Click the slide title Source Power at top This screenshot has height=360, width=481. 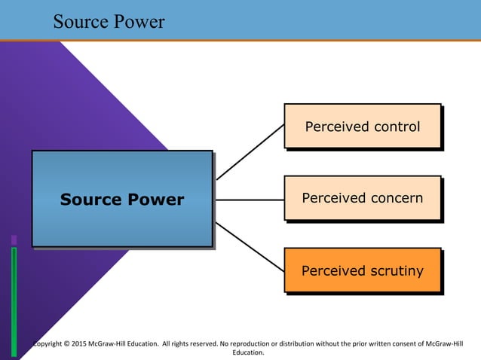(x=109, y=22)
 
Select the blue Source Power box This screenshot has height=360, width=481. (x=121, y=198)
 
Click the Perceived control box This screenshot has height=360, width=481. (x=362, y=126)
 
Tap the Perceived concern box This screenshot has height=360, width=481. (x=362, y=198)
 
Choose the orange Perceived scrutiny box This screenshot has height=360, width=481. (x=362, y=270)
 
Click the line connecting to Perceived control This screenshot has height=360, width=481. (x=250, y=153)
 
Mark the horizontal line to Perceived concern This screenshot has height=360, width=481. (x=250, y=200)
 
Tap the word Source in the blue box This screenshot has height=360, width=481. (x=90, y=200)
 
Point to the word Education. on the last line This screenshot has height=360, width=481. (x=248, y=352)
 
